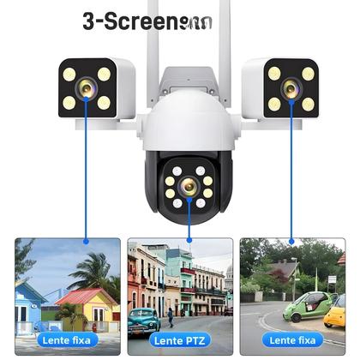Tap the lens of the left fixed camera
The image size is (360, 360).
click(x=87, y=88)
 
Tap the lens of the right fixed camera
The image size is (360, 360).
click(x=291, y=87)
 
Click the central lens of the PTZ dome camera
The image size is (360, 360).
click(x=189, y=192)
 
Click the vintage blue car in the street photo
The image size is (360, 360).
click(x=144, y=321)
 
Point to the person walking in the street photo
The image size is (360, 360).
click(x=170, y=316)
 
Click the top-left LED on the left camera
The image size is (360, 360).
click(x=69, y=74)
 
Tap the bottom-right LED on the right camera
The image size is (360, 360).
click(x=308, y=104)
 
